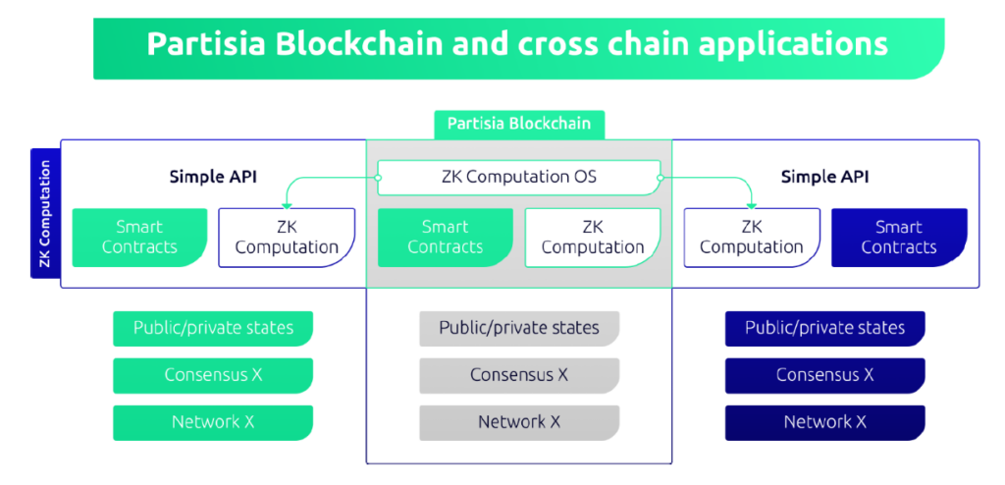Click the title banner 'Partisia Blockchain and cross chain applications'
point(517,46)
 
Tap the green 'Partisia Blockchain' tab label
point(519,124)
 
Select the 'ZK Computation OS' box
point(519,178)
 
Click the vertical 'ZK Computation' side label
point(44,213)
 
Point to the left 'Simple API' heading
point(213,177)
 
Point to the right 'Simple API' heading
point(824,177)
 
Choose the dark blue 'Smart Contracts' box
point(899,238)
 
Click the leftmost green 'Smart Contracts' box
point(139,238)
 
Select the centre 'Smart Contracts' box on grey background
point(445,238)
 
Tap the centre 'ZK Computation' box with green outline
point(593,238)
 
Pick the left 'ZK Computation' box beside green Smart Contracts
point(287,238)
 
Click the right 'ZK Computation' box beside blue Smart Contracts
point(752,238)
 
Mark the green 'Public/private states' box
point(213,328)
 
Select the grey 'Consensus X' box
point(519,375)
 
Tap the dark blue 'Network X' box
point(824,422)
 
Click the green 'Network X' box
point(213,422)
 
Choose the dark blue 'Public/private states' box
point(824,328)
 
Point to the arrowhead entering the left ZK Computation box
point(287,204)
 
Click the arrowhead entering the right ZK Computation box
point(752,204)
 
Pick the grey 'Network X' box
point(519,422)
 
